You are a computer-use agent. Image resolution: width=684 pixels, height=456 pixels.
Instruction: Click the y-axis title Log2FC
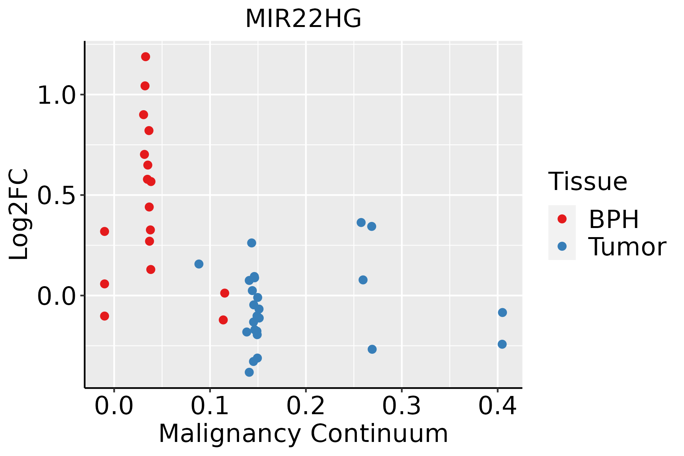tap(19, 214)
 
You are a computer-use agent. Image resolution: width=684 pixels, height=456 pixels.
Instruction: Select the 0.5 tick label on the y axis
tap(57, 195)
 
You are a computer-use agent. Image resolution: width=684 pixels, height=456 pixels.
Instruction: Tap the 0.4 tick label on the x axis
tap(497, 406)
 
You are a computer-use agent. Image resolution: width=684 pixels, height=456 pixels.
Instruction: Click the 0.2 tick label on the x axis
tap(306, 406)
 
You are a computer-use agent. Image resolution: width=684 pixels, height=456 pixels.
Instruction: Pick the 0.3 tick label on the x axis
tap(401, 406)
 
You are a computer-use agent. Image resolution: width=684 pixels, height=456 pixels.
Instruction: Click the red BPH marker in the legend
tap(562, 219)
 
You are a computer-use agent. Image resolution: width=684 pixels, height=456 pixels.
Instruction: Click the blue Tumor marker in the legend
tap(562, 246)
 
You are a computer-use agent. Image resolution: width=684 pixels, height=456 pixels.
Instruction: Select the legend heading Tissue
tap(588, 182)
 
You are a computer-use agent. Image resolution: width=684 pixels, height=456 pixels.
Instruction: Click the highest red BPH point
tap(146, 57)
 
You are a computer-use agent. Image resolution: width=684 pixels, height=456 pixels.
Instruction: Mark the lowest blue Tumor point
tap(249, 372)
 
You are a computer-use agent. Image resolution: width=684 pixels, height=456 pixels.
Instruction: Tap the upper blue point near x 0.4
tap(502, 312)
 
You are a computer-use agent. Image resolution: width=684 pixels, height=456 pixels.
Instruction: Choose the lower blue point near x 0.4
tap(502, 344)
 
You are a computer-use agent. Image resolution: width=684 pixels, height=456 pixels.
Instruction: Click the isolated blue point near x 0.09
tap(199, 264)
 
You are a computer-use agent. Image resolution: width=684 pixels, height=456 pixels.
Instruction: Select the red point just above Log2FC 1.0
tap(145, 86)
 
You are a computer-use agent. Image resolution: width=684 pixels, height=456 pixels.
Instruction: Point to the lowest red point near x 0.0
tap(104, 316)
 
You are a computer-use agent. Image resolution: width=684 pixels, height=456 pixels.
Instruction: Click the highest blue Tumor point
tap(361, 222)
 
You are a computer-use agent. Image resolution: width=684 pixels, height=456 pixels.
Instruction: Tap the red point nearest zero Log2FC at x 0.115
tap(225, 293)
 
